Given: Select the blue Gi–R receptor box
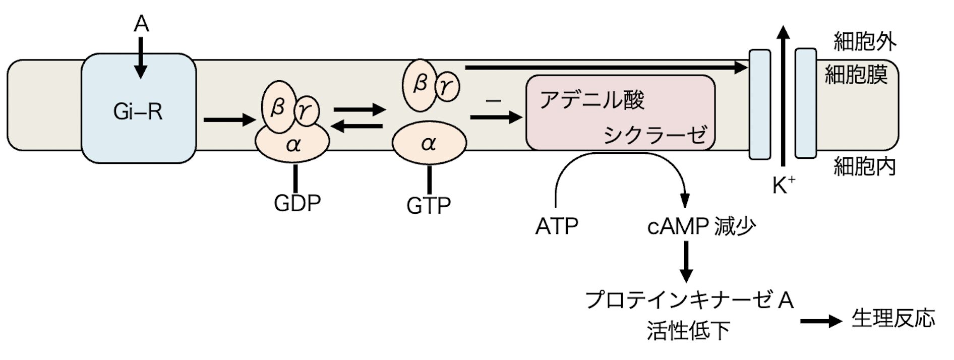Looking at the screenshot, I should [138, 108].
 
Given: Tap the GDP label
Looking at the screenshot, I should [297, 203].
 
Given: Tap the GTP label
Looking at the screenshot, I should [428, 205].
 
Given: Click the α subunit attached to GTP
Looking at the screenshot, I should [429, 144].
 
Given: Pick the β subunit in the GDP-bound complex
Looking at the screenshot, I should [277, 107].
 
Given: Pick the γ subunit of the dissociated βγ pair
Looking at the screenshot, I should [447, 87].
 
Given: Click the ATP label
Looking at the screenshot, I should [556, 227].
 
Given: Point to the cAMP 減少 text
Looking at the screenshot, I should [701, 227].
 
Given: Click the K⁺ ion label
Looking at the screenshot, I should [783, 187].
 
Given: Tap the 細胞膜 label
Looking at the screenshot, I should [856, 75].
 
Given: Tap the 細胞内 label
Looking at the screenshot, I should [864, 166].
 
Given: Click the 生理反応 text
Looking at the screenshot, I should [893, 319].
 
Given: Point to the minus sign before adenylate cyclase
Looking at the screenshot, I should [493, 101].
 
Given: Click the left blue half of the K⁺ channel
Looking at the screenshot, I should [760, 104].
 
